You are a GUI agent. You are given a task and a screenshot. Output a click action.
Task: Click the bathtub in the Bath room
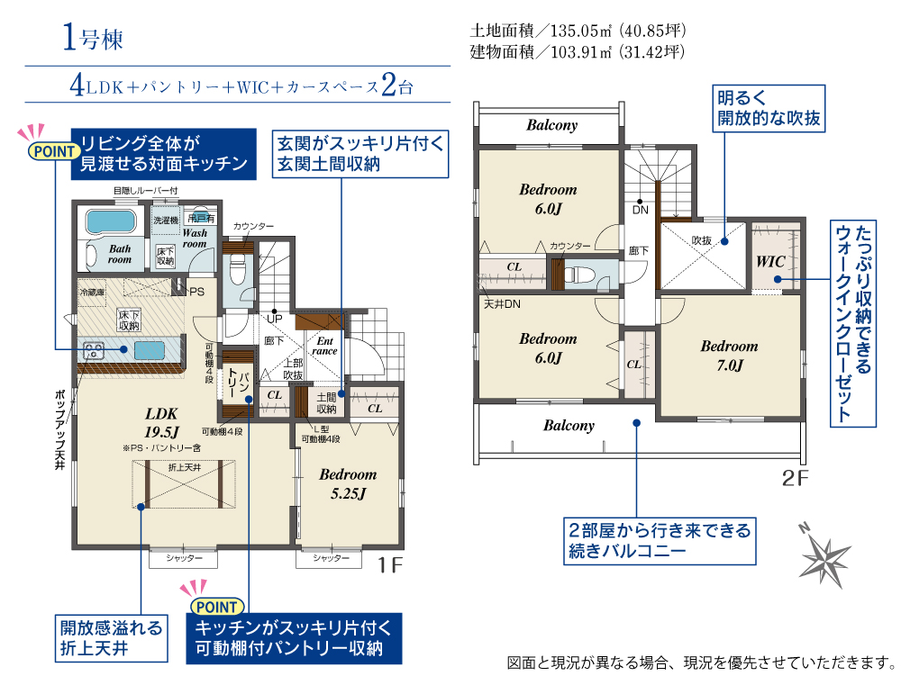(111, 221)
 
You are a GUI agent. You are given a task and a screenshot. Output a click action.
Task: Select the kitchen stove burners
(93, 350)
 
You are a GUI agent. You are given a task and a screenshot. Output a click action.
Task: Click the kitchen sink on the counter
(150, 350)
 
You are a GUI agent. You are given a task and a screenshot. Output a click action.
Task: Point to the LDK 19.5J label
(161, 422)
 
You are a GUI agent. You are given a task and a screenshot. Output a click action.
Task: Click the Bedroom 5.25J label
(348, 483)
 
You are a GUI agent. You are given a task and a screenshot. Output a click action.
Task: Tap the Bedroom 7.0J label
(729, 356)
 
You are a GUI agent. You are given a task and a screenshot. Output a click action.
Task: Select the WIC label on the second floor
(770, 262)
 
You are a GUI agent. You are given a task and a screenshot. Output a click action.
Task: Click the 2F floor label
(796, 478)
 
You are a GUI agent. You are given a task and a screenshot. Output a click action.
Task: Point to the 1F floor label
(390, 565)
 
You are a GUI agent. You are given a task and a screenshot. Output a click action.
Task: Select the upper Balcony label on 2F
(551, 125)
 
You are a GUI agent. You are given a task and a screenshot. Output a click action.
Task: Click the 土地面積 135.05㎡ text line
(578, 31)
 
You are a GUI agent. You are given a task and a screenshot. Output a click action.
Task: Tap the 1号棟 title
(93, 38)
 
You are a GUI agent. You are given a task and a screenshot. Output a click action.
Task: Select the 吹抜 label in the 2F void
(702, 240)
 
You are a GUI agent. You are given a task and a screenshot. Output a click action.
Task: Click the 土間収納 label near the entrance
(326, 403)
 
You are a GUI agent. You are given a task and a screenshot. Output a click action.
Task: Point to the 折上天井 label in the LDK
(185, 468)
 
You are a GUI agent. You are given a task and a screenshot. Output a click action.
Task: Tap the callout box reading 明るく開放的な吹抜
(769, 109)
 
